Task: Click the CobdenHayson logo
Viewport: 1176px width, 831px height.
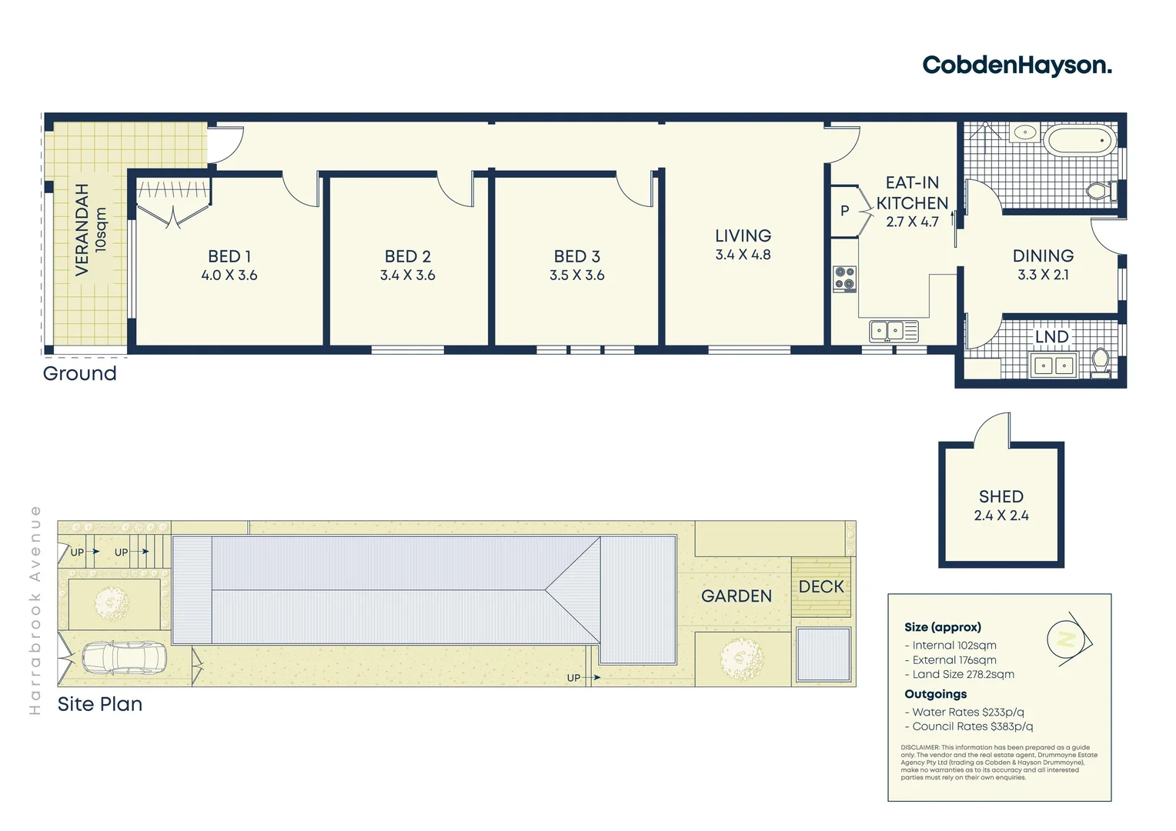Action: tap(1017, 65)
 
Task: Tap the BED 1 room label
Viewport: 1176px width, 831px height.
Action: tap(229, 256)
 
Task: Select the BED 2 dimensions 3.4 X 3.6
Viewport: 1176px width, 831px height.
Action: tap(407, 275)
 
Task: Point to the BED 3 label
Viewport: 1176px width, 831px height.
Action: tap(576, 256)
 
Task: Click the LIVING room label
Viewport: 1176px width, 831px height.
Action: tap(743, 236)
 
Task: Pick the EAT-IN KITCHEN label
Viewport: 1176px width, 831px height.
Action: tap(912, 193)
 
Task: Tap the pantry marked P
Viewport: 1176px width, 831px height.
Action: tap(844, 211)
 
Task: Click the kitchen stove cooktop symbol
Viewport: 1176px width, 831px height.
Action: tap(844, 279)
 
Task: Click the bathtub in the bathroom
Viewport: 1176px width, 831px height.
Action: tap(1079, 142)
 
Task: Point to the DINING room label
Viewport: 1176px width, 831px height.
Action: tap(1043, 256)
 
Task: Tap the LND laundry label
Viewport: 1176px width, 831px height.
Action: tap(1051, 337)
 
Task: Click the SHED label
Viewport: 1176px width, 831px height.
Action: tap(1001, 497)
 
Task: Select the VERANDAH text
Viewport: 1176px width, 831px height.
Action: tap(82, 229)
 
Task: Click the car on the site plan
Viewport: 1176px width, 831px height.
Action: tap(124, 658)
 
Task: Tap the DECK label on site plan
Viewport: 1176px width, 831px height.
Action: tap(821, 587)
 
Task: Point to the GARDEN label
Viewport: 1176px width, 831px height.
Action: tap(736, 596)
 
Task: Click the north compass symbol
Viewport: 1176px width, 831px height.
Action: tap(1068, 639)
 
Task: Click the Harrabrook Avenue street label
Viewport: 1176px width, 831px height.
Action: tap(35, 609)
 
